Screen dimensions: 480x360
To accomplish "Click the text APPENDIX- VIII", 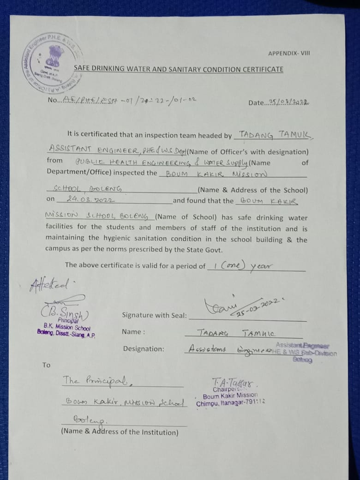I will [x=289, y=53].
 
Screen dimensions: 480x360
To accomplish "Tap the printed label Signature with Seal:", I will [x=154, y=315].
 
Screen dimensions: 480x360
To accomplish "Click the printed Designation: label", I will [x=143, y=349].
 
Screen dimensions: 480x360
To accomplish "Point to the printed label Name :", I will [x=133, y=332].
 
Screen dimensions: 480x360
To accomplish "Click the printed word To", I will [x=46, y=365].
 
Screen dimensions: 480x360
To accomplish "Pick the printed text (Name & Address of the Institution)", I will [x=120, y=432].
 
